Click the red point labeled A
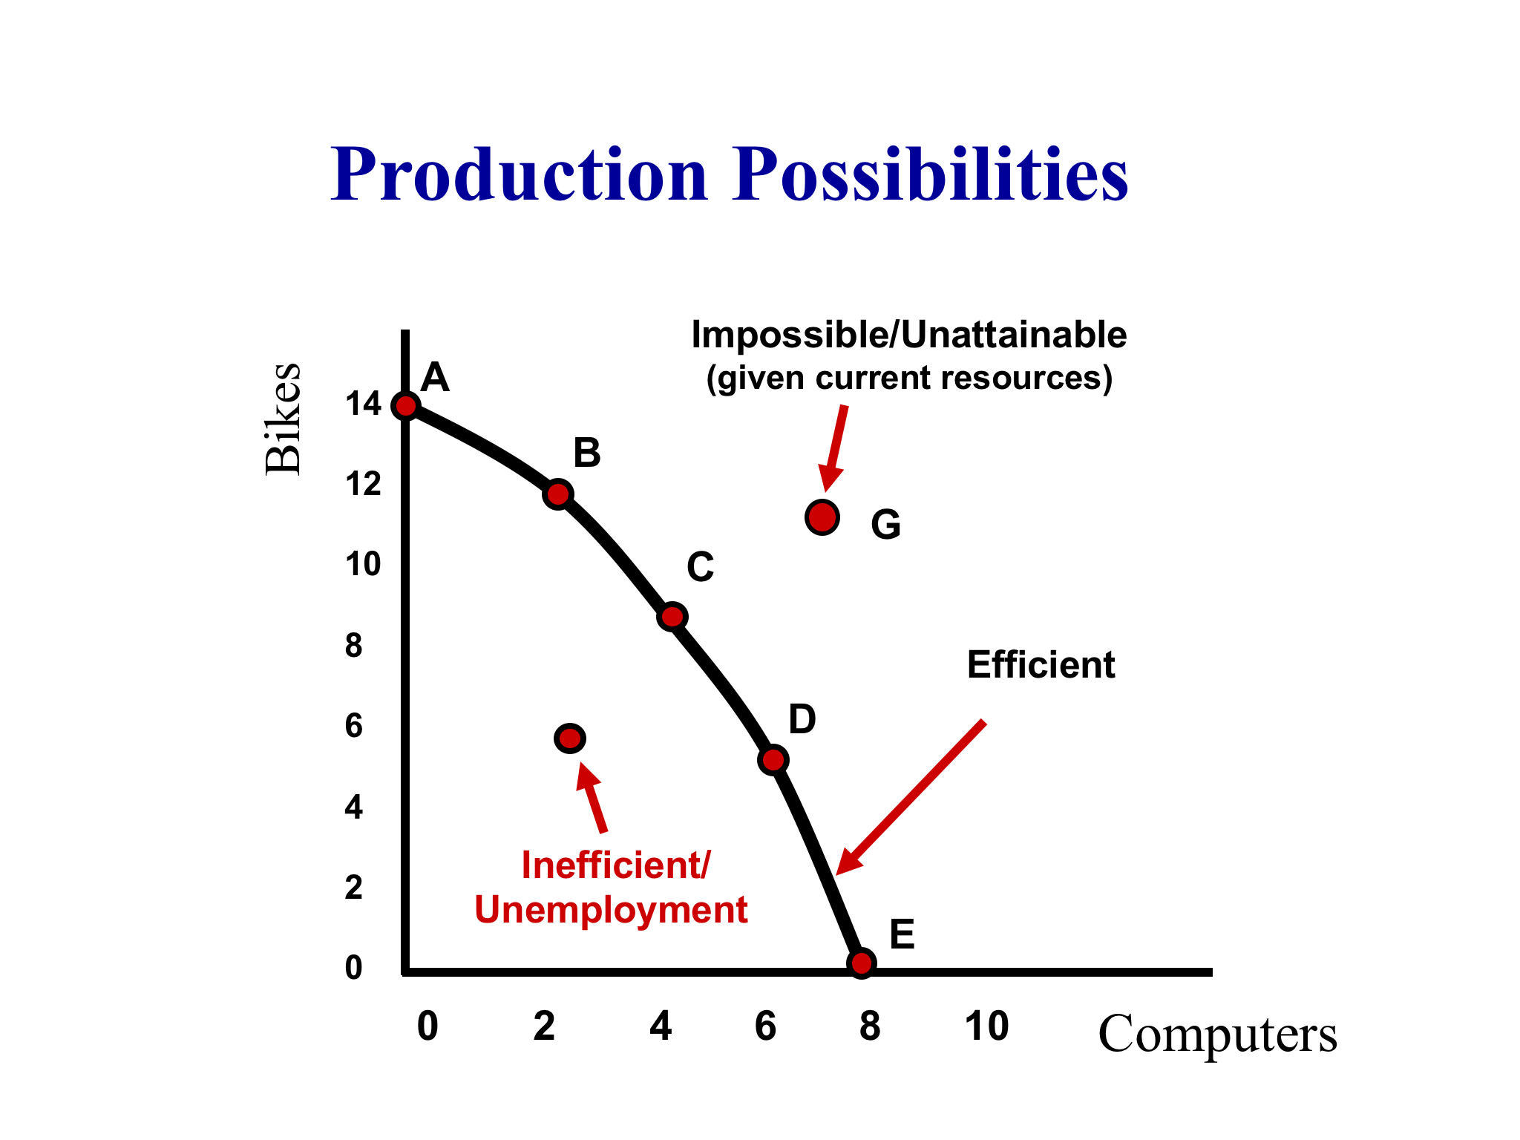[406, 406]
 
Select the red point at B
[558, 494]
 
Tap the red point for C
[672, 617]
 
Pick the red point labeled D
[773, 760]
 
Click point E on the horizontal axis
[861, 963]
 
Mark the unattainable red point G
[822, 517]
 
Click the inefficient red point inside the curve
[570, 738]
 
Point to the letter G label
[885, 525]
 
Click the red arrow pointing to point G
[834, 448]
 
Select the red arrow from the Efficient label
[911, 797]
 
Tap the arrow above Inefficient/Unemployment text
[591, 798]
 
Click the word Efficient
[1041, 665]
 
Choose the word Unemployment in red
[611, 911]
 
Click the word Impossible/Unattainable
[909, 335]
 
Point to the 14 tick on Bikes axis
[363, 404]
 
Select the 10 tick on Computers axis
[986, 1026]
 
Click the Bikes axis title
[284, 419]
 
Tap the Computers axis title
[1217, 1033]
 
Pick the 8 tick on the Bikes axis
[354, 646]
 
